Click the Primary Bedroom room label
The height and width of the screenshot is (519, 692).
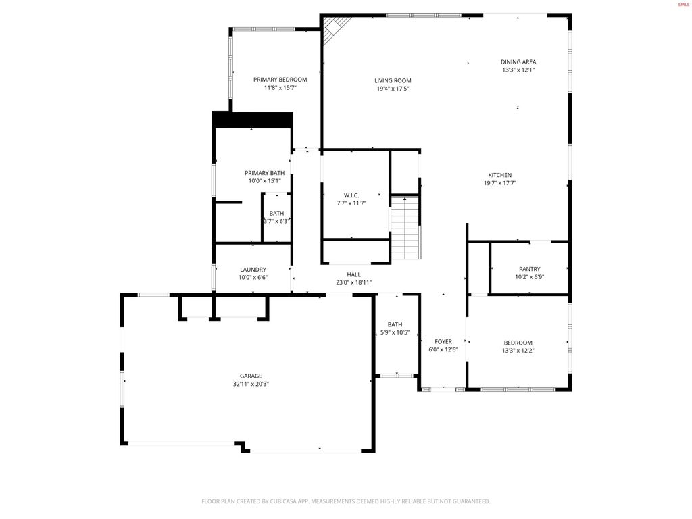pos(280,79)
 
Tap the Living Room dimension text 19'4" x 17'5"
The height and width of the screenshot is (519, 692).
pos(393,89)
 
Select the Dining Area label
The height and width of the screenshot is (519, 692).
pos(518,61)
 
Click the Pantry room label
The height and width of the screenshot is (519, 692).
pos(529,268)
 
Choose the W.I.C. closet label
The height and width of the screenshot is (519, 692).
pos(351,195)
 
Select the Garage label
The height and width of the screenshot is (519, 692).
pos(251,376)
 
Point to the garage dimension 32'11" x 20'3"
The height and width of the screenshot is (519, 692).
pos(251,384)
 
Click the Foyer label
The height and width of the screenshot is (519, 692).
pos(443,341)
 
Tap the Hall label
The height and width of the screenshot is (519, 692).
pos(353,274)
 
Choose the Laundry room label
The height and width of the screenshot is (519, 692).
pos(253,269)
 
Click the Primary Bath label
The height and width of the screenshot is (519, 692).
pos(265,172)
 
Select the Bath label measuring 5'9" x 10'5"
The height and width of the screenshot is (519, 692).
pos(395,324)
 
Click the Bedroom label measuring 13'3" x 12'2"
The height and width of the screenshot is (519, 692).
pos(518,343)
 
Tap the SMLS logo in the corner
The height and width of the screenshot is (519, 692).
pos(683,5)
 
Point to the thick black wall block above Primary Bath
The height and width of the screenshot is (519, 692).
pos(252,120)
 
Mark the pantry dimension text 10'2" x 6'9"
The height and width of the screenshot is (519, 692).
pos(529,276)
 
